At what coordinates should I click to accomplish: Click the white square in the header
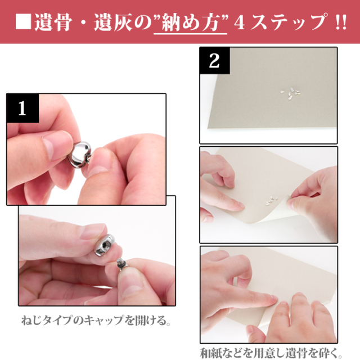(23, 22)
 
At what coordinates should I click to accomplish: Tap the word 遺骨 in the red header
(53, 22)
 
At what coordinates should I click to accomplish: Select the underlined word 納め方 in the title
(190, 22)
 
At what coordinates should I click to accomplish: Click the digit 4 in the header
(240, 22)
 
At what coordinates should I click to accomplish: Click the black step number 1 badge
(22, 108)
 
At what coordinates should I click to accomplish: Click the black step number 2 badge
(215, 60)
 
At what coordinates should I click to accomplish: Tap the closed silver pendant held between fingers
(79, 154)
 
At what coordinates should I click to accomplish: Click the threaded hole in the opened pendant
(105, 245)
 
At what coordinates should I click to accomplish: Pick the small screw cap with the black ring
(121, 264)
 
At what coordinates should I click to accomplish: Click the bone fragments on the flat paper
(291, 93)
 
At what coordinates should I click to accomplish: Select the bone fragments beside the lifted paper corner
(271, 201)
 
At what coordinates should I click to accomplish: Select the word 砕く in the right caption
(329, 353)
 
